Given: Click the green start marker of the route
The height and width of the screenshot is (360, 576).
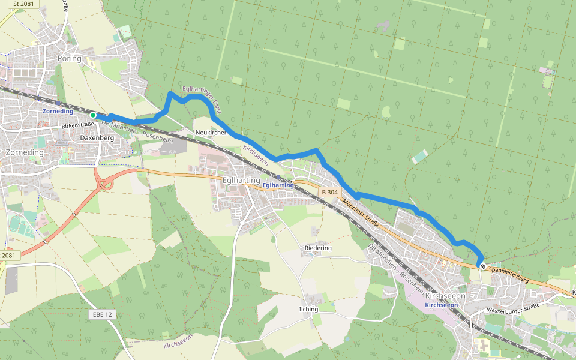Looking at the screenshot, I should coord(92,115).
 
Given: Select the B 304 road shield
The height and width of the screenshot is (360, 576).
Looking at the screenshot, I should coord(329,192).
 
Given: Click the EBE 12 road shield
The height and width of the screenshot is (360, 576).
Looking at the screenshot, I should coord(103,314).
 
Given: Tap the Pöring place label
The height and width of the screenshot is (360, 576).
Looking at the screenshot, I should coord(69,59).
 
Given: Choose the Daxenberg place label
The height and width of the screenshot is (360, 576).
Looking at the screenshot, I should coord(97,138).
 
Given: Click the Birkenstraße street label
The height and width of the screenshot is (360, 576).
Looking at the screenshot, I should coord(78,127).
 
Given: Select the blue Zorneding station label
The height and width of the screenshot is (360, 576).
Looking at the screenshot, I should coord(58,112).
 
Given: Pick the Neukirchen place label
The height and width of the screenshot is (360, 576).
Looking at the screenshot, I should coord(211,132).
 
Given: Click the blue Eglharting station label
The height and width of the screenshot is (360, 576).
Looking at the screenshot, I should coord(278,185).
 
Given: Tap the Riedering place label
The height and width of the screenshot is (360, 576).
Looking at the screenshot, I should coord(318,248).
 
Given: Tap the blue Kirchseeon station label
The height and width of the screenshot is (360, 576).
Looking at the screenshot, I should coord(441,305).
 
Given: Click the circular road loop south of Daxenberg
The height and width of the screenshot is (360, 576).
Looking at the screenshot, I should coord(106,182).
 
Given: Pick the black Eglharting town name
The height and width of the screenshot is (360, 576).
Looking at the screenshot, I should coord(241,180).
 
